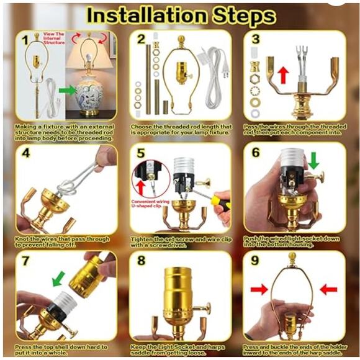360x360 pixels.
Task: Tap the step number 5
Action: point(141,153)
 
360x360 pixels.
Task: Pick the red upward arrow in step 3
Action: point(284,75)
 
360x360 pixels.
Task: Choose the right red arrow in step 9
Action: point(328,288)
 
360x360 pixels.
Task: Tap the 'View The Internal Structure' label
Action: point(51,40)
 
